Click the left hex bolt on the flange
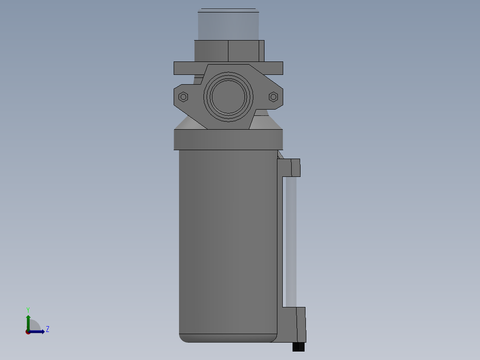coord(183,96)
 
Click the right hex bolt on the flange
coord(273,96)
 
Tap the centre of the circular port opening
coord(228,97)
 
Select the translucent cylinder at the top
coord(228,25)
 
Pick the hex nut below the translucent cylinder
coord(229,51)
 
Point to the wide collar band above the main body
coord(228,139)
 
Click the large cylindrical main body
coord(228,241)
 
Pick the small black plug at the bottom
coord(298,347)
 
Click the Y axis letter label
coord(28,309)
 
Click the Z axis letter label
coord(47,329)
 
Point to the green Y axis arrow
coord(28,321)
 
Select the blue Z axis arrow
coord(38,331)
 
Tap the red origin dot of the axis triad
coord(28,331)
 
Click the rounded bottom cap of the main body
coord(228,338)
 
